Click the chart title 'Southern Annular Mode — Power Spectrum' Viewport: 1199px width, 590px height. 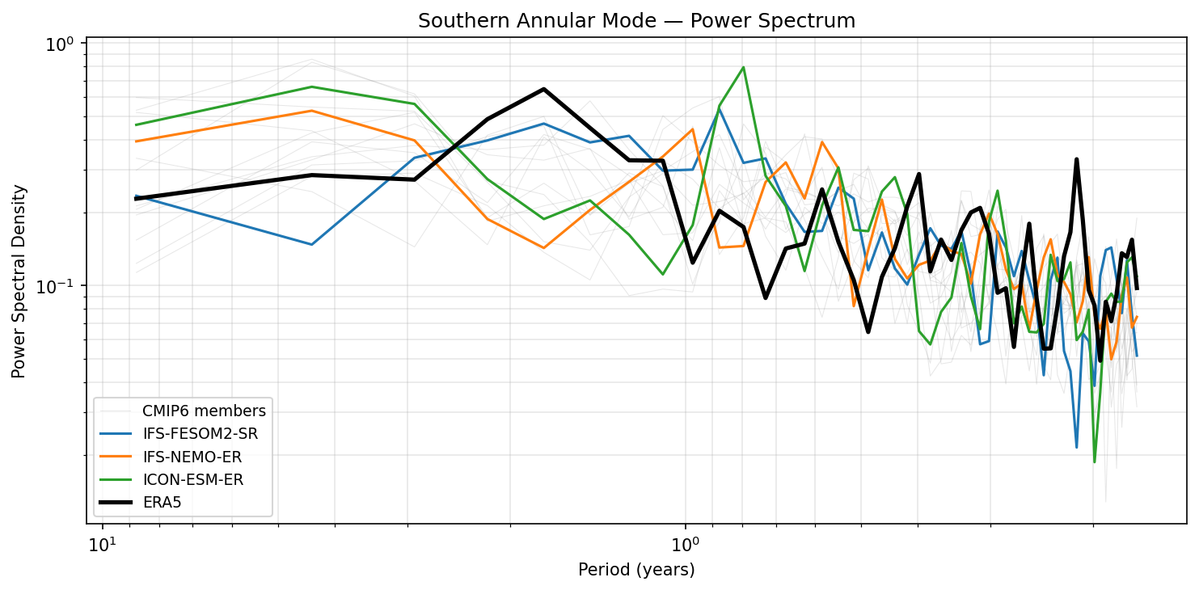point(636,21)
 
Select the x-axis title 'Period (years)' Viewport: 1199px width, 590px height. point(636,570)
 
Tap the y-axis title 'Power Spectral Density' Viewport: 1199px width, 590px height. point(19,281)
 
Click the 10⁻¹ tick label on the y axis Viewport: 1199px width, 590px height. point(61,287)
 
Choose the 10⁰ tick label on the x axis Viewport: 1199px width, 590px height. point(685,541)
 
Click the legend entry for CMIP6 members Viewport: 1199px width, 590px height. point(204,411)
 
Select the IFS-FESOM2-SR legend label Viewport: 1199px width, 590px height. point(200,434)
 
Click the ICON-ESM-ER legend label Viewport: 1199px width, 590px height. point(192,479)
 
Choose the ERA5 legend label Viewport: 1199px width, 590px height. point(163,502)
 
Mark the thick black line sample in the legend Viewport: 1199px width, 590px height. point(116,502)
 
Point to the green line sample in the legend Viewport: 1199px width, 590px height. point(116,479)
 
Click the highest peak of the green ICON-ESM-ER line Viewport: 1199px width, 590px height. point(743,67)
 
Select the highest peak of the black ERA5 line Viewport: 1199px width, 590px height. point(543,89)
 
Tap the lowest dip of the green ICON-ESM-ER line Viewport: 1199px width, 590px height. point(1095,461)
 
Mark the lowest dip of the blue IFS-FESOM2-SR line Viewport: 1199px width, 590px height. point(1076,447)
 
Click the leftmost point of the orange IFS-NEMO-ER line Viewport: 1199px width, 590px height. point(136,141)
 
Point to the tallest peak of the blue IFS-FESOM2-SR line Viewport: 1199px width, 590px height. point(720,109)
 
